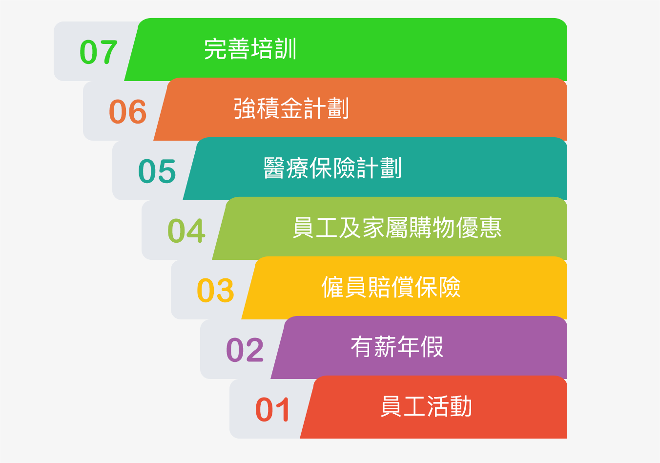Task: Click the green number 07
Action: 99,52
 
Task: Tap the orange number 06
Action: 127,111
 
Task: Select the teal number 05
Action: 157,171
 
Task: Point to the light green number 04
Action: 186,231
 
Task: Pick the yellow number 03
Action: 215,290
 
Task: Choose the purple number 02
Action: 245,350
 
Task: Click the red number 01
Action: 272,409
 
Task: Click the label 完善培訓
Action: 250,49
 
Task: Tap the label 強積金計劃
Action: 291,108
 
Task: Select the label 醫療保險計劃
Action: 332,168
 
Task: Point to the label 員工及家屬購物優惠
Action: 397,227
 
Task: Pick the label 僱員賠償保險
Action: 391,287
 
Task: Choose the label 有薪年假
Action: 397,347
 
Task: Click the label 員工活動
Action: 426,406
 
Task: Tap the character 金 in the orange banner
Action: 291,108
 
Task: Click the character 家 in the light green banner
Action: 373,227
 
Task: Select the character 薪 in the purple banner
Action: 385,347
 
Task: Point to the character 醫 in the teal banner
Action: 274,168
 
